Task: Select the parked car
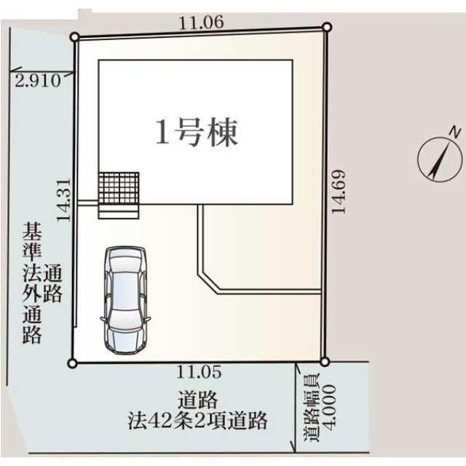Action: pos(126,299)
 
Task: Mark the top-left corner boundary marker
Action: pos(74,36)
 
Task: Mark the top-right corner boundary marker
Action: pos(327,27)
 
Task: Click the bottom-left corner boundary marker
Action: pos(71,363)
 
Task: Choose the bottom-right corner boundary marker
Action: pos(325,360)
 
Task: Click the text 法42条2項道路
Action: pos(194,419)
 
